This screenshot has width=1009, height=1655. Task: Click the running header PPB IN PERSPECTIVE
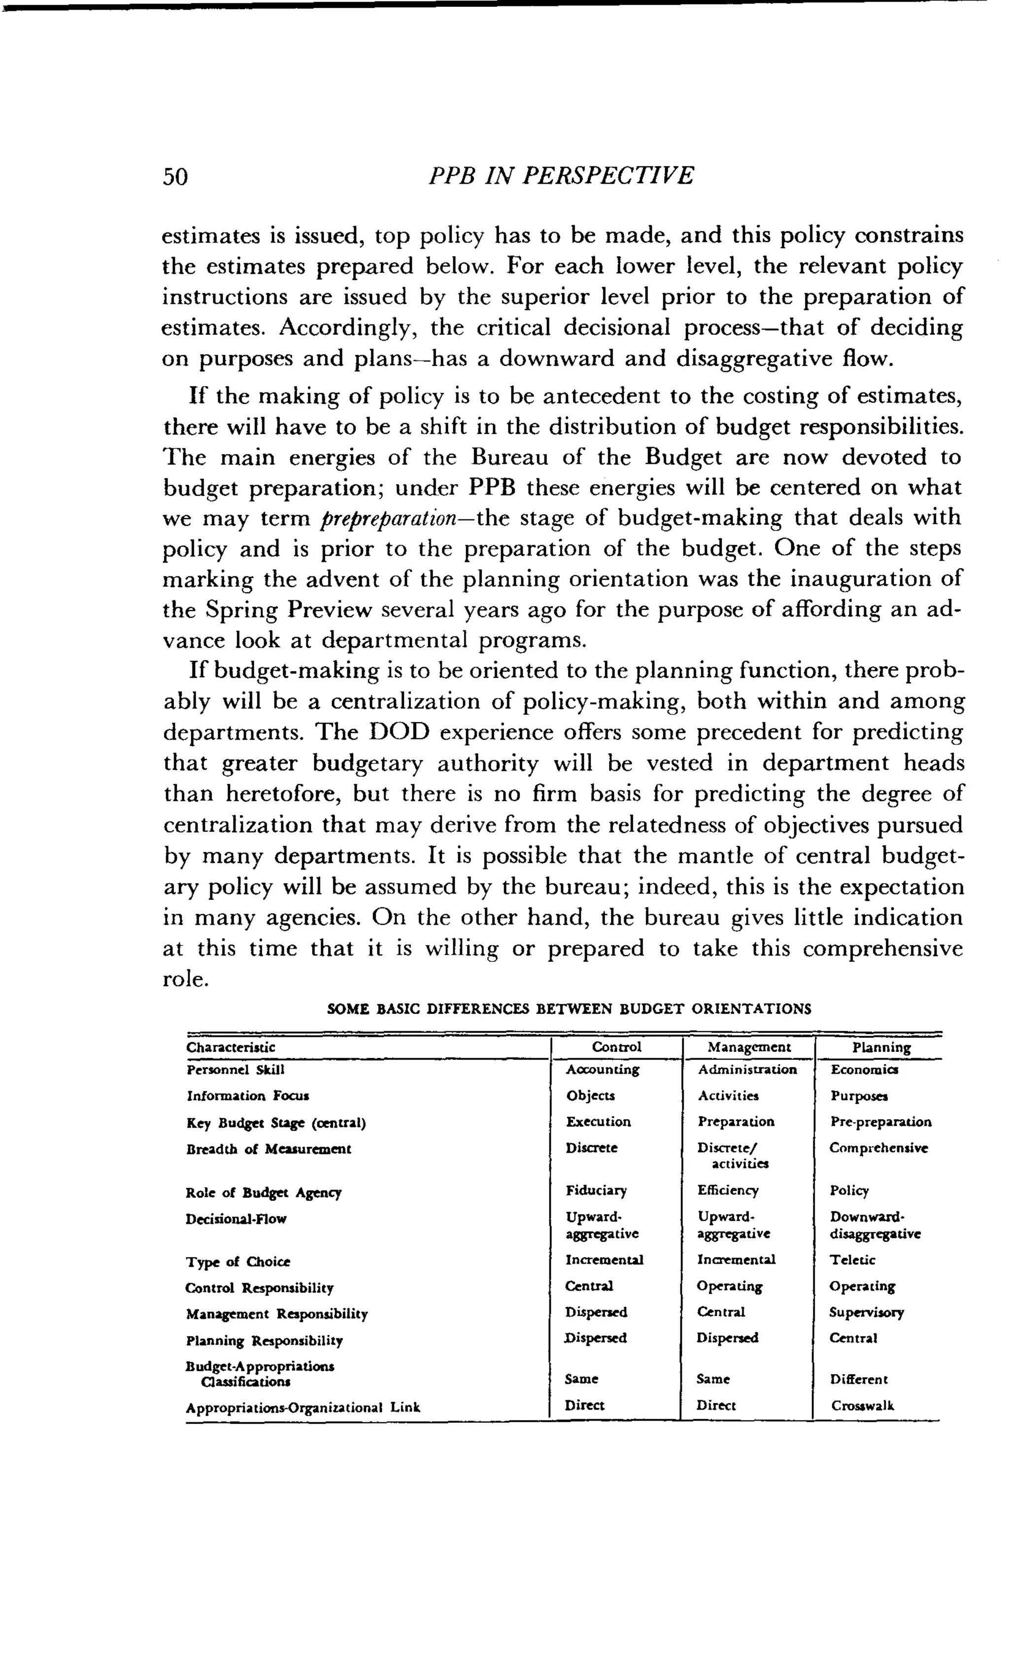coord(561,176)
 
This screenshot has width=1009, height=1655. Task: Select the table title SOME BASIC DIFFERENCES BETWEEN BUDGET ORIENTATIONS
coord(569,1009)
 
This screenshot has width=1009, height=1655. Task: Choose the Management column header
coord(749,1047)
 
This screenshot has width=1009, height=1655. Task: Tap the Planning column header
coord(881,1048)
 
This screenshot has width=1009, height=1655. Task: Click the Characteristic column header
coord(231,1047)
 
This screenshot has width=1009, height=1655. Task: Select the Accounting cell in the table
coord(603,1069)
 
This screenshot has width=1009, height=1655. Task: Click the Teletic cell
coord(852,1260)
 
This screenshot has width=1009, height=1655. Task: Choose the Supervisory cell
coord(867,1313)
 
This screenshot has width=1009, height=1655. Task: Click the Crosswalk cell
coord(863,1406)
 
